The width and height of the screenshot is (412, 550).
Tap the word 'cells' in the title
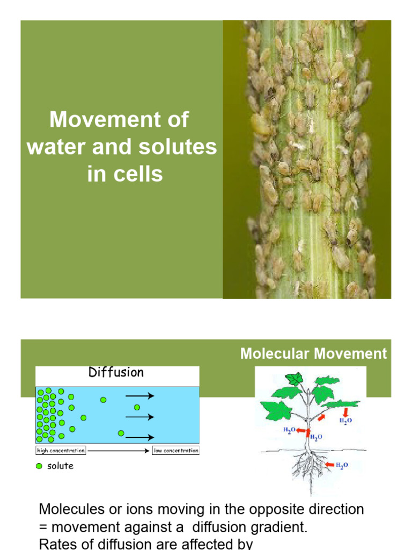pyautogui.click(x=139, y=175)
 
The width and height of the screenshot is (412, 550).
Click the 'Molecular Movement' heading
pyautogui.click(x=313, y=353)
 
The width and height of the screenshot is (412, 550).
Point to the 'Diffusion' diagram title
pyautogui.click(x=116, y=372)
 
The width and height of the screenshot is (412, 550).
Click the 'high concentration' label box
pyautogui.click(x=61, y=451)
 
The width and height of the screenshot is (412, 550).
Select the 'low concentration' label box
pyautogui.click(x=175, y=451)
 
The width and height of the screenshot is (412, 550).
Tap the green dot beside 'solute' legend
pyautogui.click(x=39, y=466)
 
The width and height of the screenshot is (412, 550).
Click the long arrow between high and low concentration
pyautogui.click(x=119, y=451)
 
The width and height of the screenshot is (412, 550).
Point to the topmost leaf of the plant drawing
pyautogui.click(x=294, y=379)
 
